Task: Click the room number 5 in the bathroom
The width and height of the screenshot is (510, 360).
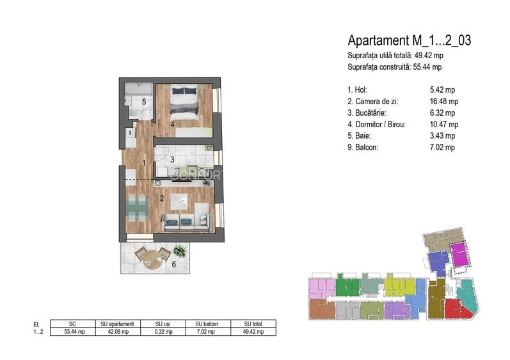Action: tap(144, 102)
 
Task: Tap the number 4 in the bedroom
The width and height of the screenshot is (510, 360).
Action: tap(172, 124)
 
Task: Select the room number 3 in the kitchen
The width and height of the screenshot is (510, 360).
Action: tap(172, 159)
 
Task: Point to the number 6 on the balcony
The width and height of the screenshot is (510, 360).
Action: tap(173, 264)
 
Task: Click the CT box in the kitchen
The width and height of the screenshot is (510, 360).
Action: tap(209, 148)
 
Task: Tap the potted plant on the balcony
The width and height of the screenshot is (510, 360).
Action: tap(180, 251)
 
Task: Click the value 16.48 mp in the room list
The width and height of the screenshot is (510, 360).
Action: tap(444, 102)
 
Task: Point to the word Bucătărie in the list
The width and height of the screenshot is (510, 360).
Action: tap(371, 113)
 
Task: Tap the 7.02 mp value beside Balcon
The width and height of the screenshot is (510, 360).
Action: tap(442, 147)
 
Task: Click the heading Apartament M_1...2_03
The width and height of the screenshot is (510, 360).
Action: tap(409, 41)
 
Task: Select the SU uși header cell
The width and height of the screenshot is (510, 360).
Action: tap(163, 324)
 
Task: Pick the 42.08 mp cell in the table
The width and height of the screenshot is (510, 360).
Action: tap(118, 332)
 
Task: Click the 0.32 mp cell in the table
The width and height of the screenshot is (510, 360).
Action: tap(163, 332)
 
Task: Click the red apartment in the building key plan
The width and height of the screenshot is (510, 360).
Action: tap(456, 309)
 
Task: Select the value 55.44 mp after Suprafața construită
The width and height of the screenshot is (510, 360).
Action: tap(427, 67)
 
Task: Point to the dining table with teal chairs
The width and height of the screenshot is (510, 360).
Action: tap(137, 207)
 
